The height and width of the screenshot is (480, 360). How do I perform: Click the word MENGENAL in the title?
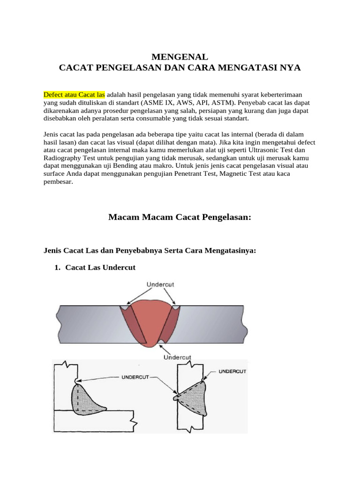click(x=180, y=57)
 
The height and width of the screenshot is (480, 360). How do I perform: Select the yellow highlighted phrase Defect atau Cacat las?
click(x=74, y=94)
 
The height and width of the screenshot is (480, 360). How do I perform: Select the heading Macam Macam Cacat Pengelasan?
click(x=180, y=217)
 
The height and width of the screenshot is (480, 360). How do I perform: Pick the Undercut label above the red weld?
click(x=161, y=284)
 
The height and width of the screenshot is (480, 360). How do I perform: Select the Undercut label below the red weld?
click(x=177, y=357)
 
